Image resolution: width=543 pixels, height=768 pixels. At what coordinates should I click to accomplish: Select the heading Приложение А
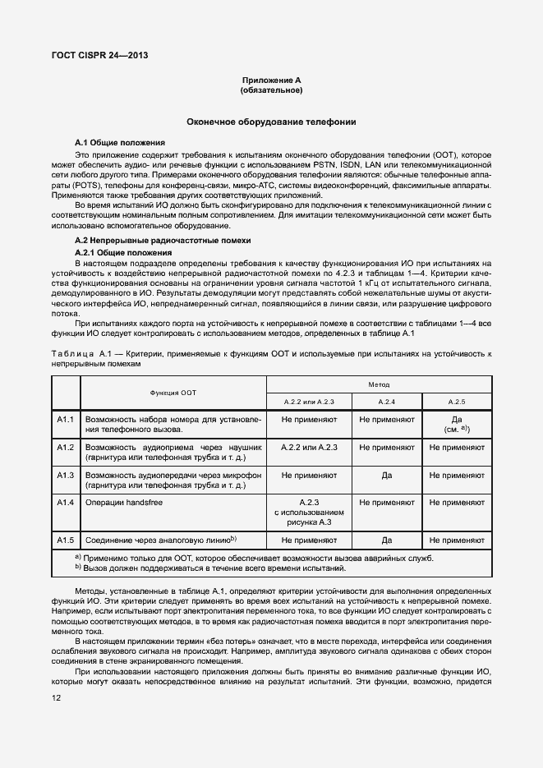point(271,80)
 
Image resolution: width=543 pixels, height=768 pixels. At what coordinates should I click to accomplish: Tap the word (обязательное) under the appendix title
point(271,90)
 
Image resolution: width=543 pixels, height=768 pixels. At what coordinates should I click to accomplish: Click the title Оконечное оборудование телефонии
point(271,122)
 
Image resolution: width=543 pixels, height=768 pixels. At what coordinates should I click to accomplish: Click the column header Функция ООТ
point(172,393)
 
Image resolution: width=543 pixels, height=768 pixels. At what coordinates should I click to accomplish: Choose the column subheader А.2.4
point(386,401)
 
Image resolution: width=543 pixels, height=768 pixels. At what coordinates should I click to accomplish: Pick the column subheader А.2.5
point(457,401)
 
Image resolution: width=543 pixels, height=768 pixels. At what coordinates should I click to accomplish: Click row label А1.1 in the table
point(66,420)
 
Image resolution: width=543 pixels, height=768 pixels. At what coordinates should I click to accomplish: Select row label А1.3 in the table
point(66,476)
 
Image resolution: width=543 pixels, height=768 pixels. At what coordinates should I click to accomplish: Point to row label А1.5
point(66,540)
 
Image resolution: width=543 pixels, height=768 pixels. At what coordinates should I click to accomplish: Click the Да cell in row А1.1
point(457,419)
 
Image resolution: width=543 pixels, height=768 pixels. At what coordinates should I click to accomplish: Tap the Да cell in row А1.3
point(386,476)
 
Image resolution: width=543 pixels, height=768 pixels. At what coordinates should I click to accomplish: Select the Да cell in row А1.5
point(386,540)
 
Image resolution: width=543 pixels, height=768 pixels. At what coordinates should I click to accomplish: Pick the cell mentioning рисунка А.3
point(309,512)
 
